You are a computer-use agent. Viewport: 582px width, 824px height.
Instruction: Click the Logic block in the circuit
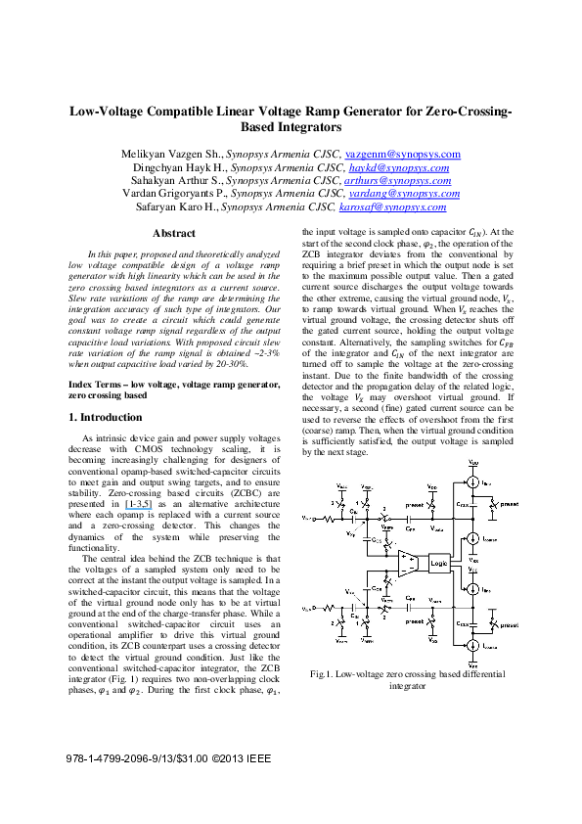[x=438, y=564]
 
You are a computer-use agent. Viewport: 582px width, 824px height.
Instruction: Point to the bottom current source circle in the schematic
[x=473, y=646]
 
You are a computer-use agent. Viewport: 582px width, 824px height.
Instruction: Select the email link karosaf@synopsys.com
[x=403, y=206]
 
